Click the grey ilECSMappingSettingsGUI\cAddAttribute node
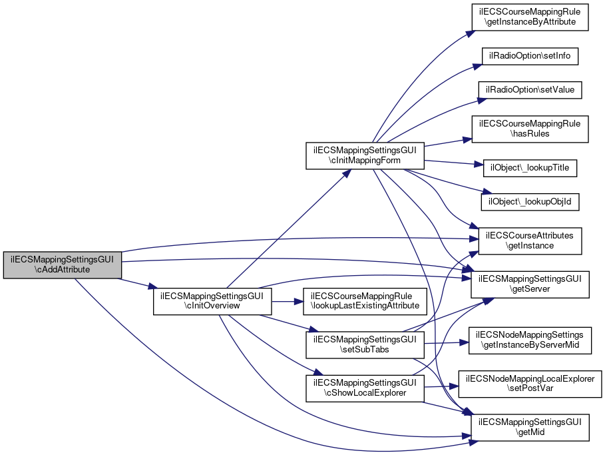point(62,265)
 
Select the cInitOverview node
point(212,301)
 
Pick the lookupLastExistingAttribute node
point(365,301)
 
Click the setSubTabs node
point(365,344)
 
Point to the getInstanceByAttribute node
point(530,17)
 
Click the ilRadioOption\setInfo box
point(530,55)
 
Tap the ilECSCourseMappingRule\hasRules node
point(530,129)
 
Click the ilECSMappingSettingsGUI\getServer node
point(530,284)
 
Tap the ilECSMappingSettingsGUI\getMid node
point(530,427)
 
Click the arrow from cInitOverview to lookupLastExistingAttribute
point(288,301)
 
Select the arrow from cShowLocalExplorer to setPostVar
point(439,386)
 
